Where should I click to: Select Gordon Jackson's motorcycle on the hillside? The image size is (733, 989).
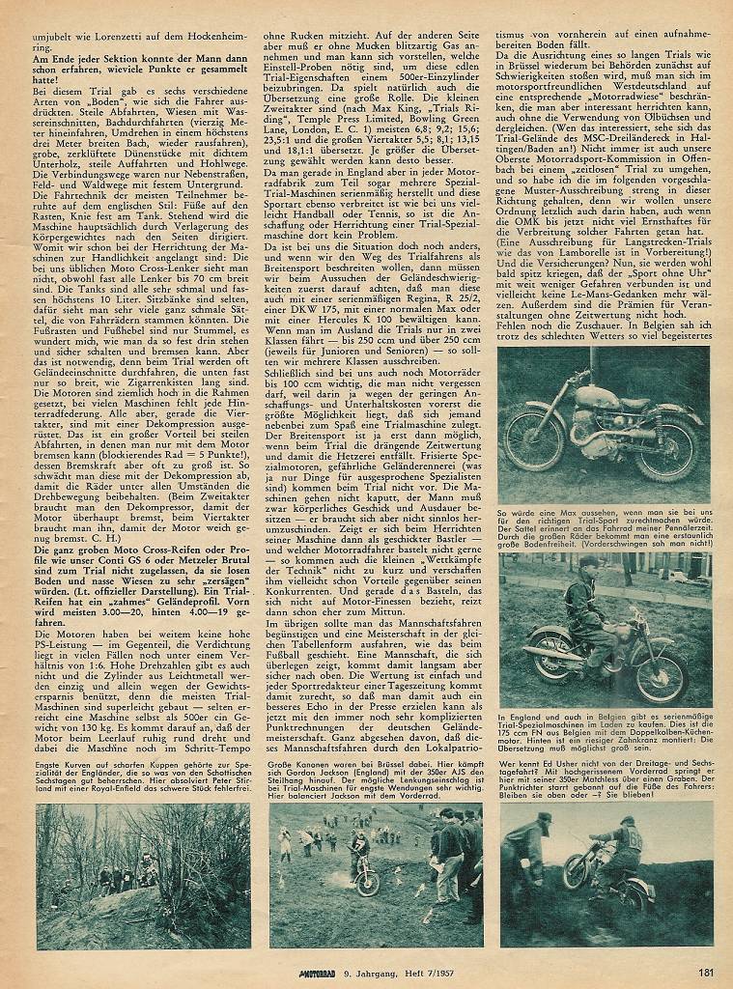pos(367,876)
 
